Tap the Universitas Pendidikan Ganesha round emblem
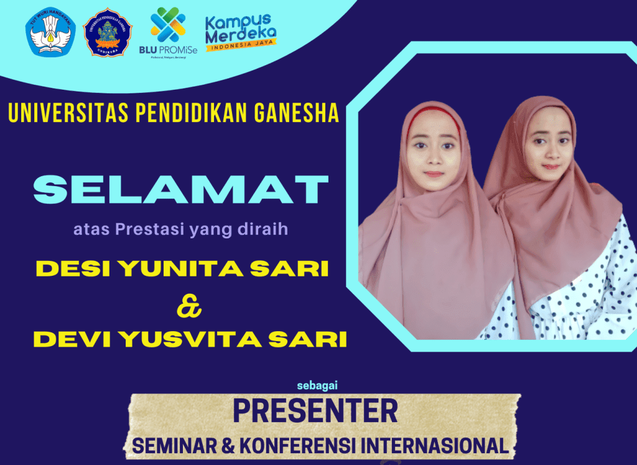click(x=108, y=33)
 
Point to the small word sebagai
click(x=317, y=383)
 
